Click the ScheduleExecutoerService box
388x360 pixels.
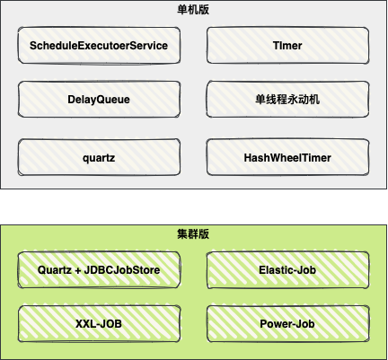click(x=99, y=46)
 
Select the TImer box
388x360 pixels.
click(x=287, y=46)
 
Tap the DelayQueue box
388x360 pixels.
click(x=99, y=100)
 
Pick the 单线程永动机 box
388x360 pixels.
click(x=287, y=100)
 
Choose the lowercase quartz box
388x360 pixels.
click(x=99, y=157)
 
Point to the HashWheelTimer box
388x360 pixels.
click(x=287, y=157)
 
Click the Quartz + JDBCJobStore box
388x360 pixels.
click(x=99, y=270)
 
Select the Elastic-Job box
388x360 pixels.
click(x=287, y=270)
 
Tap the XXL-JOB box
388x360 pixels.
click(x=99, y=324)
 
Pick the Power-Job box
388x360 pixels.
click(x=287, y=324)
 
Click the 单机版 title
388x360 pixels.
click(x=193, y=10)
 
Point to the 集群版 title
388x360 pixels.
click(x=193, y=234)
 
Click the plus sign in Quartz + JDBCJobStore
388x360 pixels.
click(x=78, y=270)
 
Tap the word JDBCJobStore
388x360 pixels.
click(x=122, y=270)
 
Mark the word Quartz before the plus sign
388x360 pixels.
click(x=55, y=270)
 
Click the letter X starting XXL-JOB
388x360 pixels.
click(x=79, y=324)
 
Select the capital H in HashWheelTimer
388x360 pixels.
click(x=248, y=158)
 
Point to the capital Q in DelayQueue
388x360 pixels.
click(x=101, y=100)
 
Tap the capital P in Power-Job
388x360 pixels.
click(x=263, y=324)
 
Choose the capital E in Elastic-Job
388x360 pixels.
click(x=262, y=270)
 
